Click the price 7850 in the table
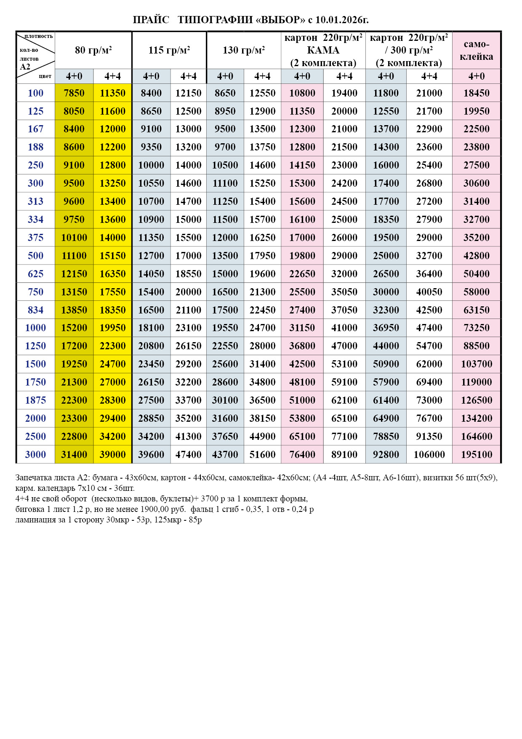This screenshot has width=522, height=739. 74,93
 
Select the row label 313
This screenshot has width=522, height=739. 35,201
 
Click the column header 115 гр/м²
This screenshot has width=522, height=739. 169,51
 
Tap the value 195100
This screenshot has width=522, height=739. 477,455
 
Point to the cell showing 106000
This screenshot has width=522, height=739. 429,455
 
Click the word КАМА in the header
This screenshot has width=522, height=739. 323,51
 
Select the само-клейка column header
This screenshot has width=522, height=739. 477,51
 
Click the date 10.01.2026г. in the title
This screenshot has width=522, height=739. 342,20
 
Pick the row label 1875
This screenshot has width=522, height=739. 35,400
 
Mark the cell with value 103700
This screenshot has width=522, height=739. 477,364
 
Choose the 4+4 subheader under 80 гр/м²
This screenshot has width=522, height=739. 113,77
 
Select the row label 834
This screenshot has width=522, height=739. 35,310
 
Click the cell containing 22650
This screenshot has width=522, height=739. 302,274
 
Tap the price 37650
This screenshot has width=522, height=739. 225,436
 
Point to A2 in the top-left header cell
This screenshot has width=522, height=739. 25,67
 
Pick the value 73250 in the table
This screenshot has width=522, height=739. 477,328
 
